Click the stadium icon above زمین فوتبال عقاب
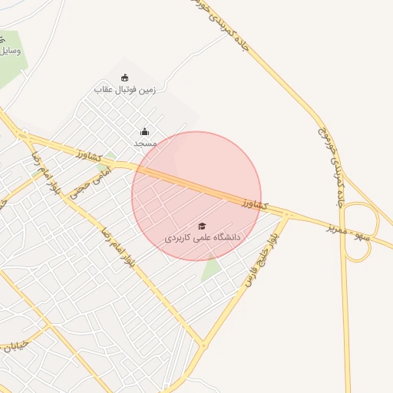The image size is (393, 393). point(125,78)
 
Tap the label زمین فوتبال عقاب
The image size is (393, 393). point(125,90)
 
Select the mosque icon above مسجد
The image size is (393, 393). point(144,132)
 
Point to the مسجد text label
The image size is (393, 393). point(145,144)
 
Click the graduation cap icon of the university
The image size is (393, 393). point(202,226)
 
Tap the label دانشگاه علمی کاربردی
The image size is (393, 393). point(203,238)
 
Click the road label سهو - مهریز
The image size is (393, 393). point(346,231)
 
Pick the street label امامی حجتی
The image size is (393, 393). point(91,183)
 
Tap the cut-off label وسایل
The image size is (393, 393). point(11,51)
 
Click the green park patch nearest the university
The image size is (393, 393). point(212,269)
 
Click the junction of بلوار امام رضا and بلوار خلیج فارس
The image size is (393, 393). point(203,345)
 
